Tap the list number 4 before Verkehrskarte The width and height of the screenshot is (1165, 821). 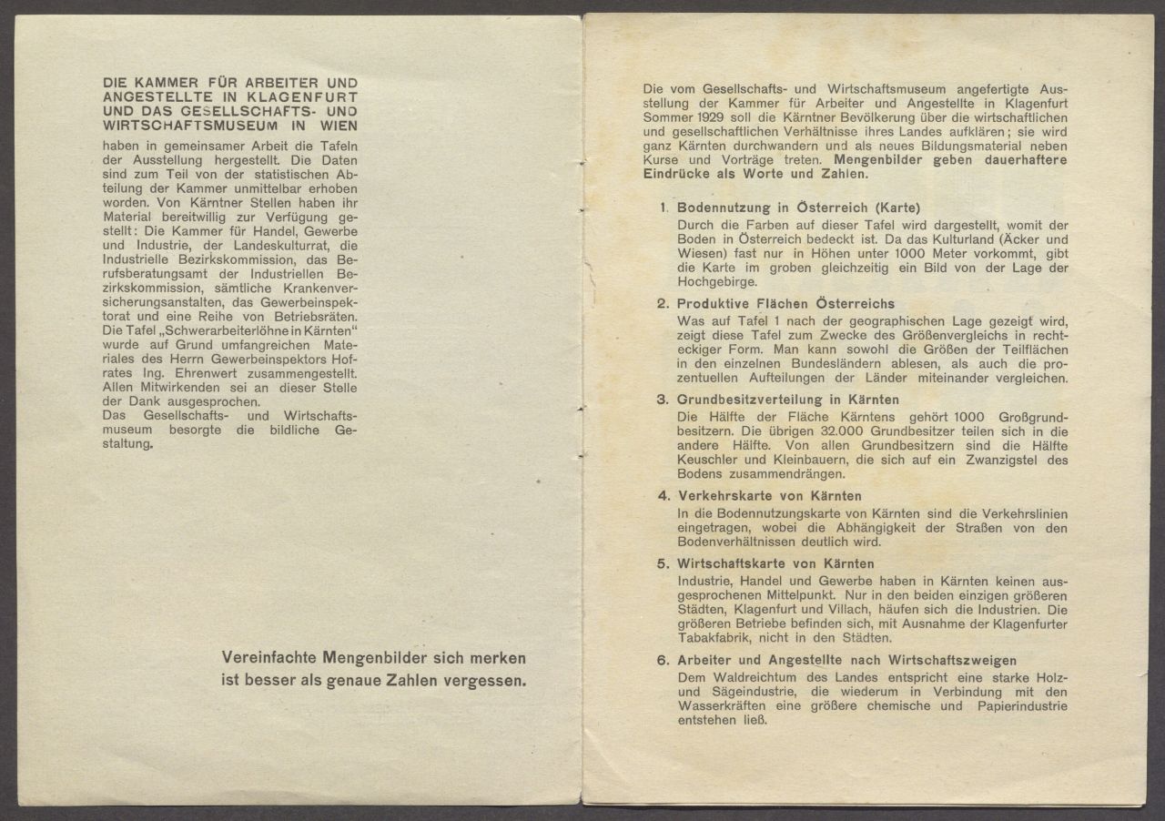(x=664, y=497)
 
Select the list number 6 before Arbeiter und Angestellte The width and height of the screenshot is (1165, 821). (x=664, y=661)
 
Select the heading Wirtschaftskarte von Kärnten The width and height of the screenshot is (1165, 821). (x=775, y=563)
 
